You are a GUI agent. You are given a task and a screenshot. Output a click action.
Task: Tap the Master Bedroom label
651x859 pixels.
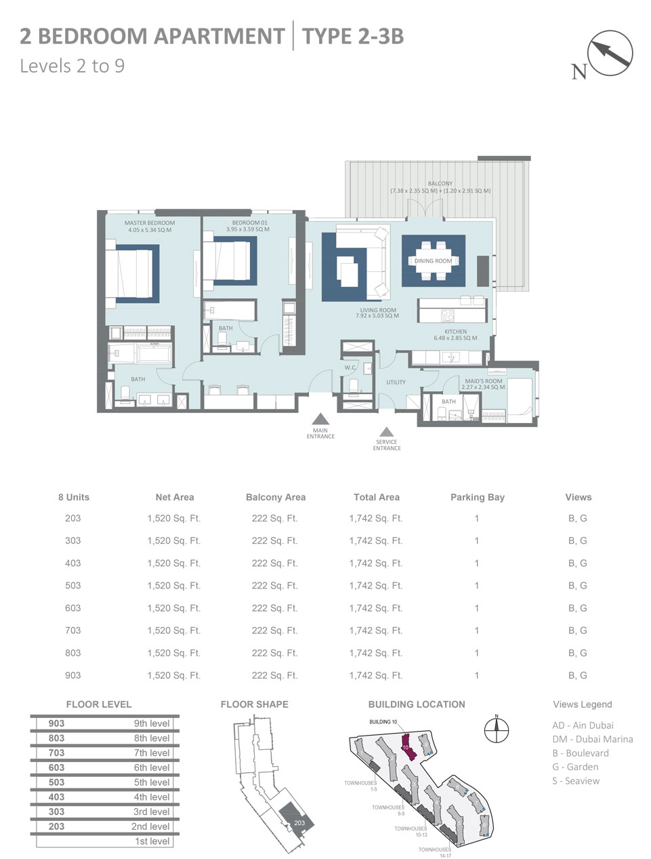(149, 223)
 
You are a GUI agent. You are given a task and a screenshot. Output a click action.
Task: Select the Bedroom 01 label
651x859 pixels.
(249, 223)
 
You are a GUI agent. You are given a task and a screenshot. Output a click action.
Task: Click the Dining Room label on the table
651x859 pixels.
(433, 261)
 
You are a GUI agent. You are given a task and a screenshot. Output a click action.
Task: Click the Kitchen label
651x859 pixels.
(455, 332)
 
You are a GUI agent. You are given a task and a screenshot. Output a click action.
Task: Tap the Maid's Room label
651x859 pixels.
(483, 381)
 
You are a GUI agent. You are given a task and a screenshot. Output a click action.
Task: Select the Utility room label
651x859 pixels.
(396, 382)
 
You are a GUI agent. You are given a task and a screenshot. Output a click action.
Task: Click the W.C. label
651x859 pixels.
(350, 368)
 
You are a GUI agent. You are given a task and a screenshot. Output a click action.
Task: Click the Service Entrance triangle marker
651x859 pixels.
(387, 431)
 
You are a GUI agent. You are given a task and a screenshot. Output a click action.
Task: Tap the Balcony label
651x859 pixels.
(440, 184)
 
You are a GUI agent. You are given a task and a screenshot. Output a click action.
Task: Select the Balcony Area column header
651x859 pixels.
(275, 497)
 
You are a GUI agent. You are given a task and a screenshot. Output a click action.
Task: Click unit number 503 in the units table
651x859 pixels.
(72, 585)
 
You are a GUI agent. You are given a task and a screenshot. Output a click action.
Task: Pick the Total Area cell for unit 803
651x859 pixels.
(375, 653)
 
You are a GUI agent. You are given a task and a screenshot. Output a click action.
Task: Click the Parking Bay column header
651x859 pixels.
(477, 497)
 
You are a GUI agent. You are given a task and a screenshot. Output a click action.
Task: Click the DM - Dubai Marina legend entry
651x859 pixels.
(592, 739)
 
